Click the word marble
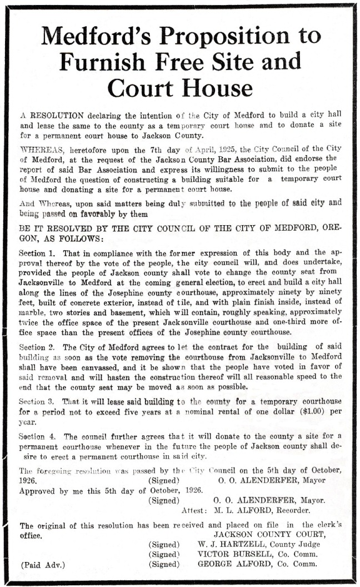tap(33, 314)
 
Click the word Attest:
tap(194, 510)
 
